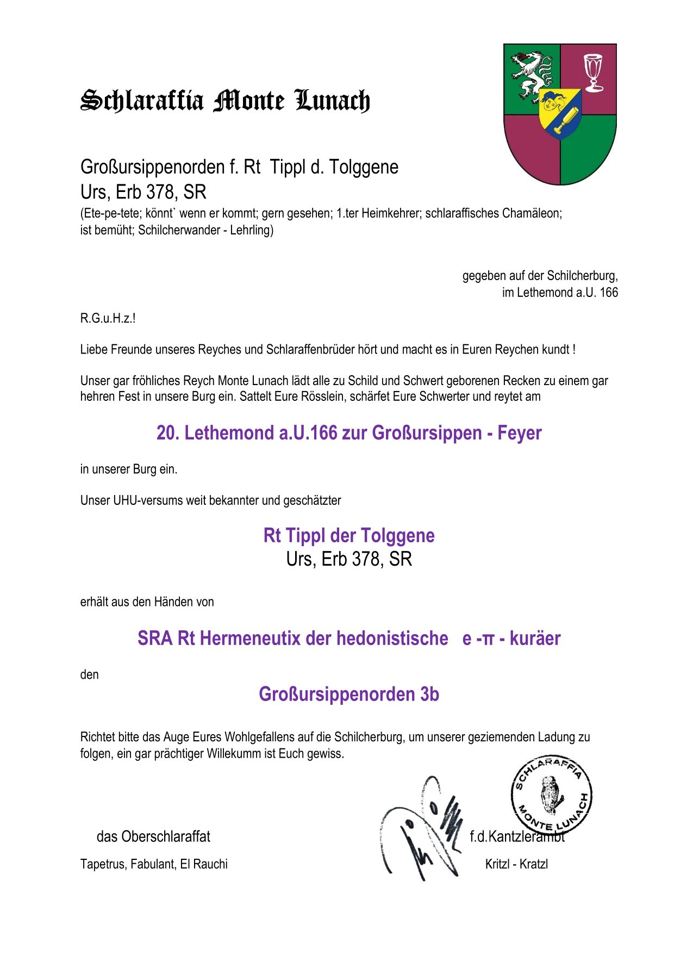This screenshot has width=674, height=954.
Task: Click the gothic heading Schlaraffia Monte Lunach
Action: [x=225, y=101]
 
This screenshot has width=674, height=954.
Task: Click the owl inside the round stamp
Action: [x=551, y=795]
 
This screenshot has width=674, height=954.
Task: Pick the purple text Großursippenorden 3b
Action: [x=348, y=695]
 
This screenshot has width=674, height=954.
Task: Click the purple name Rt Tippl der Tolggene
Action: [x=348, y=536]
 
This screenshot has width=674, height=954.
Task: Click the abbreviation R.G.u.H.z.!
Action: [x=108, y=318]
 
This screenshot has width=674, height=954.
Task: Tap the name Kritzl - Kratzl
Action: [x=516, y=864]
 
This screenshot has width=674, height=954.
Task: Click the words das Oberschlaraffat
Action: [x=153, y=837]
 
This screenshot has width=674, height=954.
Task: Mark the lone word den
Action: [x=90, y=675]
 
